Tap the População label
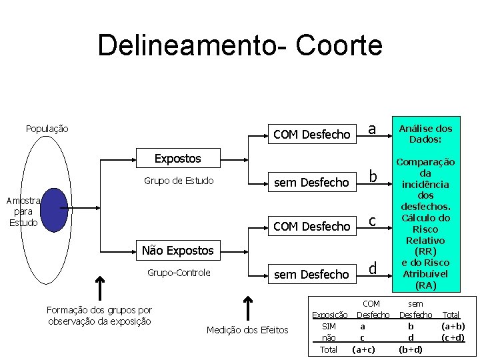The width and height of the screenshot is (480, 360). tap(47, 128)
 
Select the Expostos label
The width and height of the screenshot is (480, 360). tap(177, 159)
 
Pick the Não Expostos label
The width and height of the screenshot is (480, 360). tap(178, 251)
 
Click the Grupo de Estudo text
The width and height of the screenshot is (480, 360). tap(179, 181)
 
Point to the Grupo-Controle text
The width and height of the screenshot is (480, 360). tap(179, 273)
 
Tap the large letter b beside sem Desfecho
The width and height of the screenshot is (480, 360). tap(374, 177)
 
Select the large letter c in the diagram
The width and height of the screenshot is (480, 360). tap(373, 221)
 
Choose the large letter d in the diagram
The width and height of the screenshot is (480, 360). tap(373, 268)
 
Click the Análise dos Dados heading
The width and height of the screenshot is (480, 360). tap(425, 134)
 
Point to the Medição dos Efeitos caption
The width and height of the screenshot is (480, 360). tap(247, 330)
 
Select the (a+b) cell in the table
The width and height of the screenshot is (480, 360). tap(453, 326)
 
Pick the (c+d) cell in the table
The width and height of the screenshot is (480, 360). tap(453, 337)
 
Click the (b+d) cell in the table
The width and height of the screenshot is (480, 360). tap(411, 349)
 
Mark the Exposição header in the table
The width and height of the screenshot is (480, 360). tap(330, 315)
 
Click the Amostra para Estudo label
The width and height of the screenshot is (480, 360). tap(23, 211)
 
